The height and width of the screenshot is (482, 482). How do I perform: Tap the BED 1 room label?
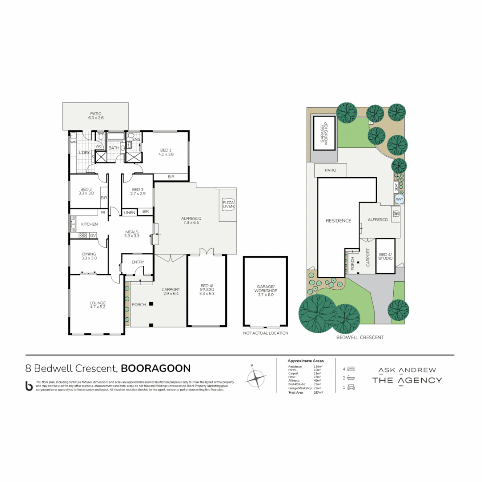[x=165, y=151]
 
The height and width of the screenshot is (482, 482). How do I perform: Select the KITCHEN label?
[x=89, y=224]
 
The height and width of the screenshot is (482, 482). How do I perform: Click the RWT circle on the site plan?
[x=399, y=199]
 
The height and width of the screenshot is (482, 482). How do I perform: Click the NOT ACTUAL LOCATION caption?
[x=266, y=333]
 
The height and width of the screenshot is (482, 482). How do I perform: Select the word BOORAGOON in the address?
[x=156, y=368]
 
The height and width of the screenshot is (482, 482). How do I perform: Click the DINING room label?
[x=89, y=254]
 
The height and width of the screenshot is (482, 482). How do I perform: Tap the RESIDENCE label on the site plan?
[x=338, y=220]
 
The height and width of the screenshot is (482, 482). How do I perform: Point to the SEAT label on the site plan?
[x=396, y=186]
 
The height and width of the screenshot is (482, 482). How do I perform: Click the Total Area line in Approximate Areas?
[x=305, y=392]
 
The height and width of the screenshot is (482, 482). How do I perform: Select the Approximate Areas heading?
[x=305, y=361]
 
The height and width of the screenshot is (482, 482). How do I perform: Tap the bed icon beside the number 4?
[x=351, y=369]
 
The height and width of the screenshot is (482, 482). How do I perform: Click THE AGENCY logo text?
[x=407, y=380]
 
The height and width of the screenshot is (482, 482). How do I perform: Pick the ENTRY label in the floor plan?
[x=138, y=262]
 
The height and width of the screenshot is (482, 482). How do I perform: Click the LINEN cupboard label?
[x=129, y=212]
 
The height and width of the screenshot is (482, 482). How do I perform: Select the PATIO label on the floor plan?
[x=96, y=114]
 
